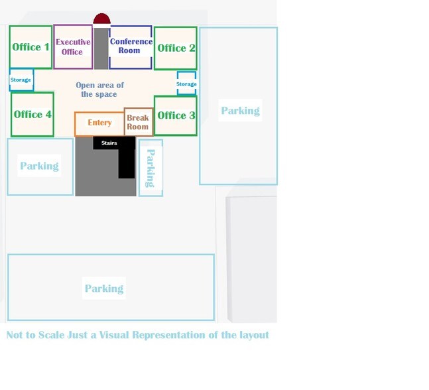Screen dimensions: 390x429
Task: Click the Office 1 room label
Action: [x=31, y=47]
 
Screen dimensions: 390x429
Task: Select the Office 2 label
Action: [x=176, y=48]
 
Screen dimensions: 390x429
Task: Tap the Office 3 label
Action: [x=176, y=115]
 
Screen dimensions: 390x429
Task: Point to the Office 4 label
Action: [x=32, y=114]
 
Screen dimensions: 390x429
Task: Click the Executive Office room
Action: [x=73, y=47]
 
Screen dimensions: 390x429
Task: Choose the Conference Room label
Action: [x=131, y=46]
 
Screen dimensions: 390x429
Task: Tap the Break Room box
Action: [x=138, y=122]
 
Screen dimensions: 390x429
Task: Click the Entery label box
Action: [x=99, y=123]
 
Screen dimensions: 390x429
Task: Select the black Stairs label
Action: [x=109, y=143]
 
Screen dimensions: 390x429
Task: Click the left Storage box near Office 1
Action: [x=21, y=80]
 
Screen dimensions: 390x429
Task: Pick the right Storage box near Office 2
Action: [x=186, y=84]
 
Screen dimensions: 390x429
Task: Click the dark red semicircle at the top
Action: [x=101, y=19]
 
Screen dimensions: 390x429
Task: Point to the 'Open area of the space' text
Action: [x=99, y=90]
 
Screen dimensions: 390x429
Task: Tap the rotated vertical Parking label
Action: [x=151, y=168]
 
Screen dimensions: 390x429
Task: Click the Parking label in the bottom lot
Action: [x=104, y=289]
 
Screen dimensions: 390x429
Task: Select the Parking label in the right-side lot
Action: [x=240, y=111]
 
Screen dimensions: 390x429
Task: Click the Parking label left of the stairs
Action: [x=39, y=166]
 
